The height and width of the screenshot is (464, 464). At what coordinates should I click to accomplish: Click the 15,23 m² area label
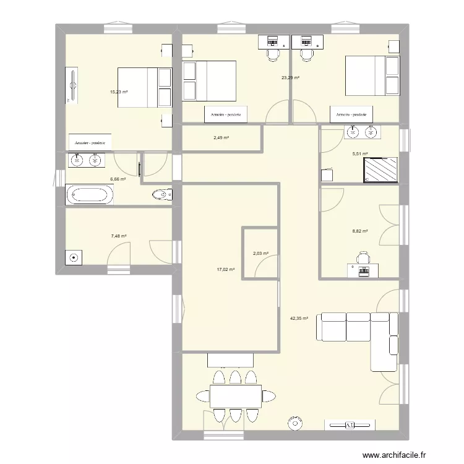point(119,92)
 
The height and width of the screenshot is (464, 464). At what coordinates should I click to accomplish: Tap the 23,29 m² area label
point(290,78)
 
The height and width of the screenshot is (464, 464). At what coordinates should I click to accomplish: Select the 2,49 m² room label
point(221,138)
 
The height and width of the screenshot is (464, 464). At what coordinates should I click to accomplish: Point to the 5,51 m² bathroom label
point(359,154)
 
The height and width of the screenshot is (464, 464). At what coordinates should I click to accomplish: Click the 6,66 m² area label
point(118,179)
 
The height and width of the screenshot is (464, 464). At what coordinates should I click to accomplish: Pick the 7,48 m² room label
point(119,236)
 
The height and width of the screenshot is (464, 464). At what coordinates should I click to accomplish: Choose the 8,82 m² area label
point(359,231)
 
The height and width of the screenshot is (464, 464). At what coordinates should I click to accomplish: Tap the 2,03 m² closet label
point(261,253)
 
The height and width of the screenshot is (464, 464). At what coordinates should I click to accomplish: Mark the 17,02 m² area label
point(225,269)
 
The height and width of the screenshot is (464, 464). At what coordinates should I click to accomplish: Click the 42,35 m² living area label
point(299,319)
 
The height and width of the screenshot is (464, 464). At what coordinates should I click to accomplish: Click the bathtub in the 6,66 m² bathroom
point(90,195)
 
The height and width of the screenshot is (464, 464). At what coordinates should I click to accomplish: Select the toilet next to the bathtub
point(161,195)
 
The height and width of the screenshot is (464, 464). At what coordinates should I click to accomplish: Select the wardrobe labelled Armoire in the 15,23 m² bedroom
point(90,142)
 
